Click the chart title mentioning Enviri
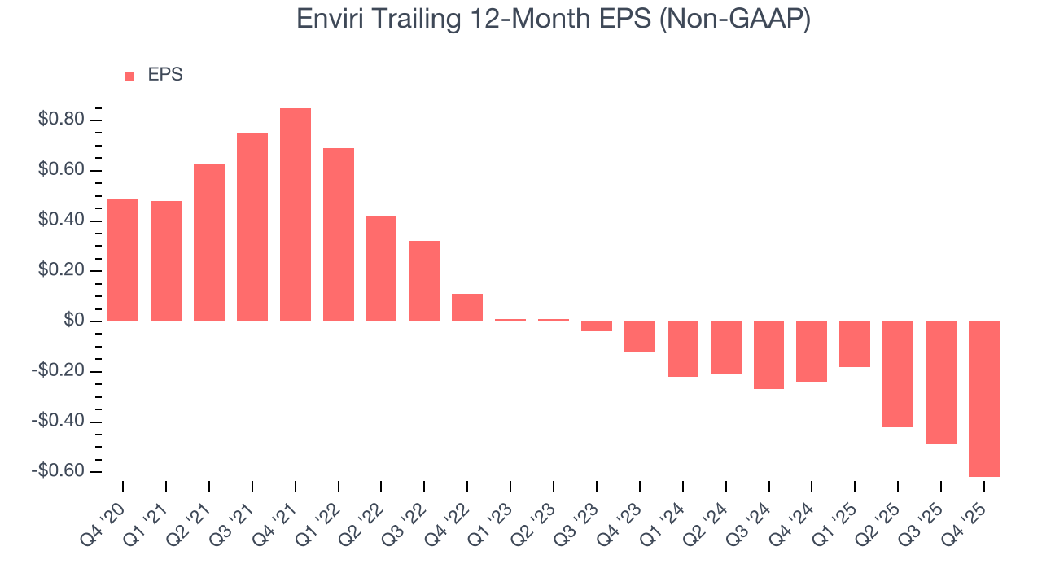pos(554,19)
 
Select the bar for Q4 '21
pos(296,215)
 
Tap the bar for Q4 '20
pos(123,260)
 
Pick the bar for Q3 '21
pos(252,227)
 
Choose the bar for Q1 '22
pos(339,234)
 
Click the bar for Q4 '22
pos(467,308)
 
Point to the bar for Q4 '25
pos(983,399)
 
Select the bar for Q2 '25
pos(898,374)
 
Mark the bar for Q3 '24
pos(768,355)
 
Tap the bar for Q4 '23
pos(640,336)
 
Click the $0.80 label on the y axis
pos(60,120)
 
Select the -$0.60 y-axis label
pos(58,472)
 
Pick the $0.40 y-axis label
pos(60,221)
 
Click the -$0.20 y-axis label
pos(58,372)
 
